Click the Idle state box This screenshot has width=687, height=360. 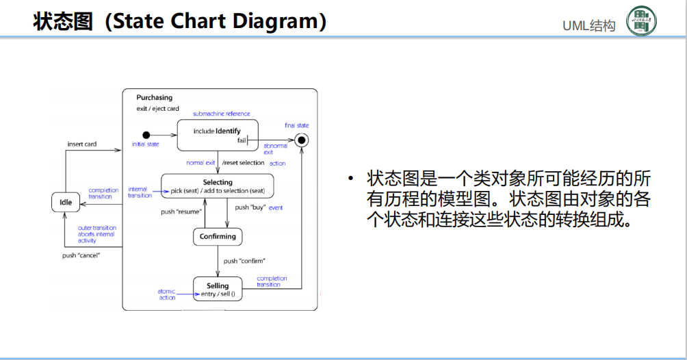point(66,203)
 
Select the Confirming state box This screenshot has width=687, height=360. point(218,237)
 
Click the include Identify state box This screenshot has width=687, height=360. point(217,135)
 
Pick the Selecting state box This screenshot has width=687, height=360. point(218,185)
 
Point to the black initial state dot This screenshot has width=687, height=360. point(146,135)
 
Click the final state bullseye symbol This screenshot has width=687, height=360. point(301,140)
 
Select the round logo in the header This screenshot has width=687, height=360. point(641,22)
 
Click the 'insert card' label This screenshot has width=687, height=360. point(81,144)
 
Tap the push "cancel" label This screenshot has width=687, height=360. point(81,255)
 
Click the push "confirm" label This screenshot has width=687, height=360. point(244,261)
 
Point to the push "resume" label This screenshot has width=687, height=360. point(181,211)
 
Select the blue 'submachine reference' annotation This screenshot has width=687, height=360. point(221,114)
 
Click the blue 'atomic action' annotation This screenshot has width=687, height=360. point(167,294)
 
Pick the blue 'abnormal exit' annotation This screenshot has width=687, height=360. point(276,149)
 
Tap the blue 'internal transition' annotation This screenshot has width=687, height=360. point(140,192)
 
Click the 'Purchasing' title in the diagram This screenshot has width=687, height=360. point(154,98)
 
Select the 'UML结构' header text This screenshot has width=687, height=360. point(588,26)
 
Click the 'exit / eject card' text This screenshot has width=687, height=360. point(157,109)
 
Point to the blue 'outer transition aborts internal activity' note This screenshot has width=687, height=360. point(96,234)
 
